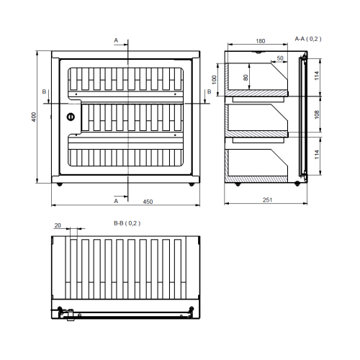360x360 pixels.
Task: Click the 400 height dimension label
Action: (34, 117)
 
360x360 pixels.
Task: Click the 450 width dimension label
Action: (148, 202)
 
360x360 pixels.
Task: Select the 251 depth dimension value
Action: (267, 199)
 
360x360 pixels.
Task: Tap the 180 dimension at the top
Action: (261, 41)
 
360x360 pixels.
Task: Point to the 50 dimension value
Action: (280, 58)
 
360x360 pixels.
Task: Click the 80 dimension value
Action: (246, 78)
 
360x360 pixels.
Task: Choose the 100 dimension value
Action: (214, 79)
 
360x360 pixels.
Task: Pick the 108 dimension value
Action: (317, 114)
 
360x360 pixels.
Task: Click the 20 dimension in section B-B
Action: (58, 225)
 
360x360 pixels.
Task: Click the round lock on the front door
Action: (71, 117)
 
